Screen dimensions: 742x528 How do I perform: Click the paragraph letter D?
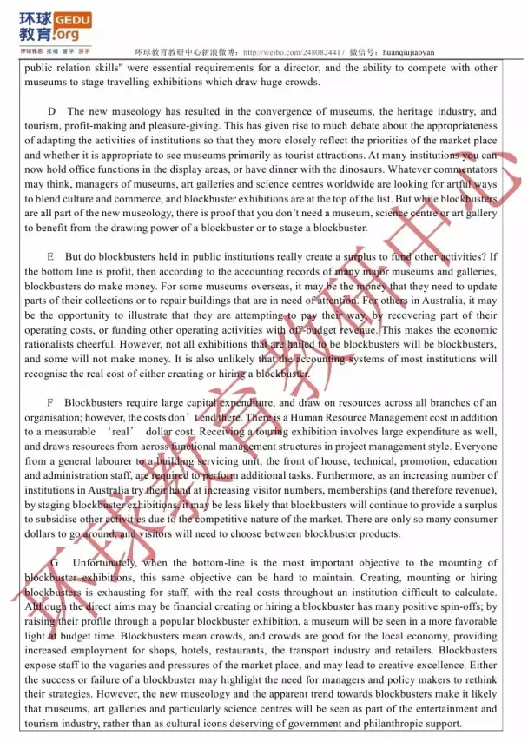(x=52, y=111)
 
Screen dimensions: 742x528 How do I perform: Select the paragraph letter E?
(x=51, y=257)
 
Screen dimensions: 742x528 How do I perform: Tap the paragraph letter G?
(x=54, y=563)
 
